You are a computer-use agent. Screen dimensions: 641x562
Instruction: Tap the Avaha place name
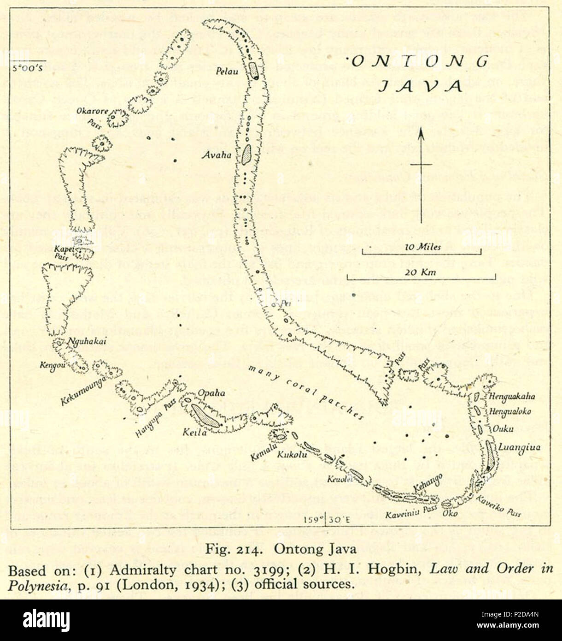216,155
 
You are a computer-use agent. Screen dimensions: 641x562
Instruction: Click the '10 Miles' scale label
422,247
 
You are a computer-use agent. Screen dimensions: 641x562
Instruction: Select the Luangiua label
514,447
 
